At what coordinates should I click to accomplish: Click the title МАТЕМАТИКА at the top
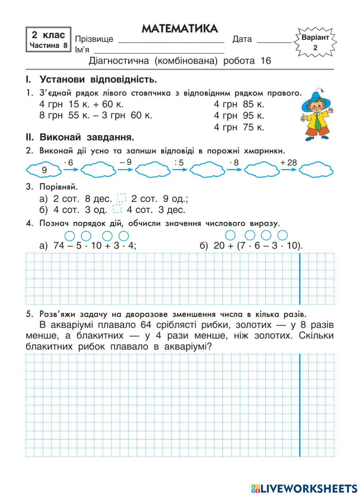(x=180, y=29)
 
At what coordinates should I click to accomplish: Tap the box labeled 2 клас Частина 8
(x=49, y=40)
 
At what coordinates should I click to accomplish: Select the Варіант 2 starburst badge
(x=315, y=42)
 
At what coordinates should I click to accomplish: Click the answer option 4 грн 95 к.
(x=239, y=116)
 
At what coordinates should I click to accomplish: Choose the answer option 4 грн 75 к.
(x=239, y=127)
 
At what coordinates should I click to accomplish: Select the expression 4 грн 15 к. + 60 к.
(x=82, y=105)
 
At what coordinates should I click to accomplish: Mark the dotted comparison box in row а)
(x=122, y=199)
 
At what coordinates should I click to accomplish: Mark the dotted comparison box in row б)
(x=117, y=210)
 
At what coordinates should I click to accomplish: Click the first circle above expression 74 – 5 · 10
(x=70, y=236)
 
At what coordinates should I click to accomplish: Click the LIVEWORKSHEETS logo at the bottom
(x=304, y=488)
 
